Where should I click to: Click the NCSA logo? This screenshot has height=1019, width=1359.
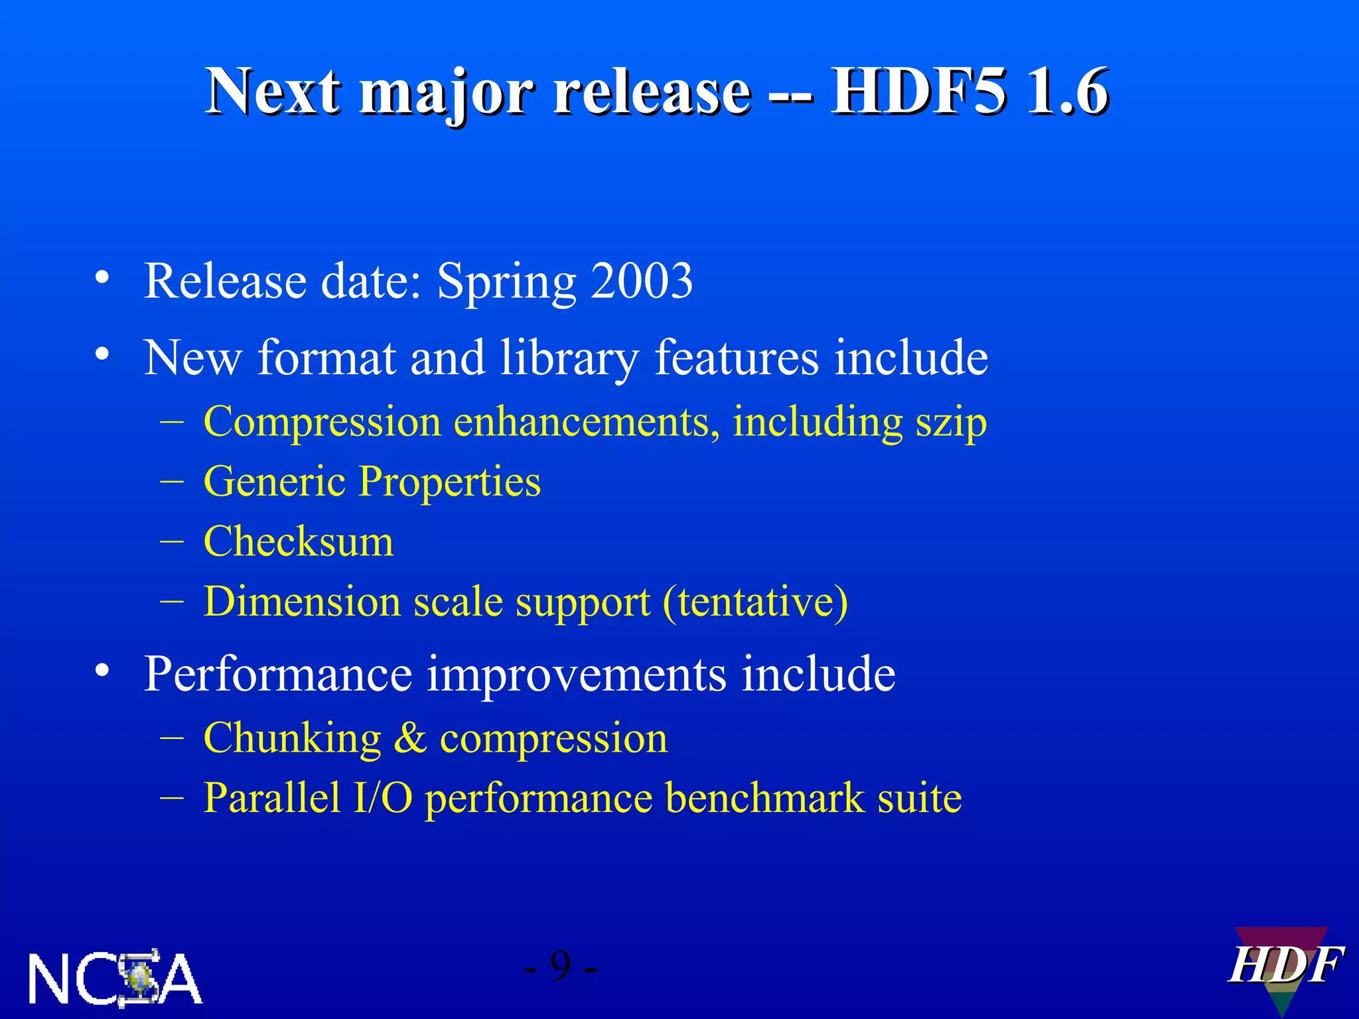114,978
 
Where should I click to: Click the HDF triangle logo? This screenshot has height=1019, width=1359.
1285,967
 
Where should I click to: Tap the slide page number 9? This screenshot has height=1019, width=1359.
561,967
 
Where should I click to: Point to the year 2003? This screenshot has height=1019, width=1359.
642,281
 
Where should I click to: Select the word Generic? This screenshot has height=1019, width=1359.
275,482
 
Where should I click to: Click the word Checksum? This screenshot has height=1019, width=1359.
299,541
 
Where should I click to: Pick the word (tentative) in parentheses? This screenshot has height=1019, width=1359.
755,602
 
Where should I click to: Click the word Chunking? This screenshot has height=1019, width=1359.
292,738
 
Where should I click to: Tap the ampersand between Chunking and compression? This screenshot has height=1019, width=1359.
410,738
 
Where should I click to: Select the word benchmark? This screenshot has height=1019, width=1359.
765,797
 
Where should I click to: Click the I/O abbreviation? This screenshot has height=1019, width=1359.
383,797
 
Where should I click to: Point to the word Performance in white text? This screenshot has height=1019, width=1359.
278,675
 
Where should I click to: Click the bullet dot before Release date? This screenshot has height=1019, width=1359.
102,277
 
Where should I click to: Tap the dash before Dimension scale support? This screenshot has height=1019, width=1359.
172,601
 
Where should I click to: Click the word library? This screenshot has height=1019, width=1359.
570,359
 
